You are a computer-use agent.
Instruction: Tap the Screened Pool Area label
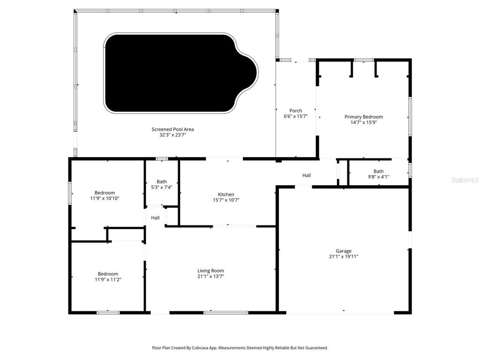coord(172,129)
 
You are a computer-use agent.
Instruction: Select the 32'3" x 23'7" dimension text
coord(172,135)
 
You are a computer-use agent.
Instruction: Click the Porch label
coord(295,111)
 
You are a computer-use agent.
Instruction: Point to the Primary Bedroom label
coord(363,117)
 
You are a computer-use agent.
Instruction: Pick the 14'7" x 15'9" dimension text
coord(363,122)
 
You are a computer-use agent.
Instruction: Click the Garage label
coord(343,251)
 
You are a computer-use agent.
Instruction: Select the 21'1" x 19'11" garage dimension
coord(343,256)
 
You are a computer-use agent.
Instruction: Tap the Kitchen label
coord(226,195)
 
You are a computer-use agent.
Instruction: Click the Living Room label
coord(210,270)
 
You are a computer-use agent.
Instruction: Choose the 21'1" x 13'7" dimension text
coord(210,276)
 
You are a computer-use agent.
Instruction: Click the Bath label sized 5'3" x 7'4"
coord(162,181)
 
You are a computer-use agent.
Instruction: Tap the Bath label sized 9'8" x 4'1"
coord(378,171)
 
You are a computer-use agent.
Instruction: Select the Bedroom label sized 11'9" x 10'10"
coord(105,193)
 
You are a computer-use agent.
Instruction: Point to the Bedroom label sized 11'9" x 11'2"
coord(108,274)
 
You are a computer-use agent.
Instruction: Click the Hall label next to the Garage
coord(307,175)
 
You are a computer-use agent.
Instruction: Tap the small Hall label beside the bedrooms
coord(155,217)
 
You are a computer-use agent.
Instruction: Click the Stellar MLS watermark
coord(465,180)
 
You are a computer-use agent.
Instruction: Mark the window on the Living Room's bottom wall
coord(219,312)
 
